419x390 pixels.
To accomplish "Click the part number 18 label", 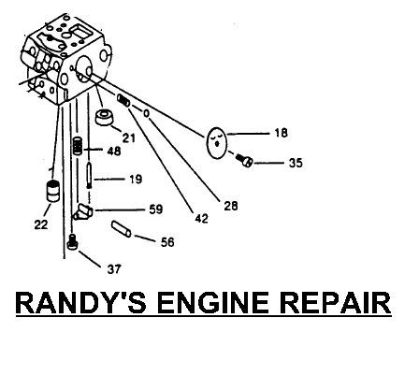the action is pyautogui.click(x=281, y=133).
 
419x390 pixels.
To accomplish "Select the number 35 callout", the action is pyautogui.click(x=296, y=163).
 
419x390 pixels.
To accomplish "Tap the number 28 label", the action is pyautogui.click(x=231, y=206).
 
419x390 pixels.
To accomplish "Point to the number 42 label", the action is pyautogui.click(x=201, y=219).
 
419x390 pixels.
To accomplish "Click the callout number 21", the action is pyautogui.click(x=129, y=137).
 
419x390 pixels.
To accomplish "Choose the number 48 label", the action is pyautogui.click(x=114, y=152).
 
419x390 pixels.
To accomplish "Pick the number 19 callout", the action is pyautogui.click(x=136, y=180).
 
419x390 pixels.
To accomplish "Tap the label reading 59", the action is pyautogui.click(x=156, y=209).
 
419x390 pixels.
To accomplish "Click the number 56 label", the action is pyautogui.click(x=167, y=242).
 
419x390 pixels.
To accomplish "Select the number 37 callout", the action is pyautogui.click(x=114, y=269).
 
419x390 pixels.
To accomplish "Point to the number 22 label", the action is pyautogui.click(x=41, y=224).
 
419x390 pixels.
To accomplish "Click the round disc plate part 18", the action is pyautogui.click(x=217, y=143).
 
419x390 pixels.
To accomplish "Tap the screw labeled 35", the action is pyautogui.click(x=244, y=160).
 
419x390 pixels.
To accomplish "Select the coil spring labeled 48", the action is pyautogui.click(x=78, y=146).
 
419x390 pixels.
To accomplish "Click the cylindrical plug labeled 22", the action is pyautogui.click(x=52, y=191).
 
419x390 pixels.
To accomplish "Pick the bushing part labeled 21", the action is pyautogui.click(x=105, y=117).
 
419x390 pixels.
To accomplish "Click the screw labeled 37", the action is pyautogui.click(x=72, y=242).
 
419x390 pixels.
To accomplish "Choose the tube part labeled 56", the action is pyautogui.click(x=122, y=229).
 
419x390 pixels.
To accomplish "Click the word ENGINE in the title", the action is pyautogui.click(x=213, y=303).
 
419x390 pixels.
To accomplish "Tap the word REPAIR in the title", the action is pyautogui.click(x=335, y=303).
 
